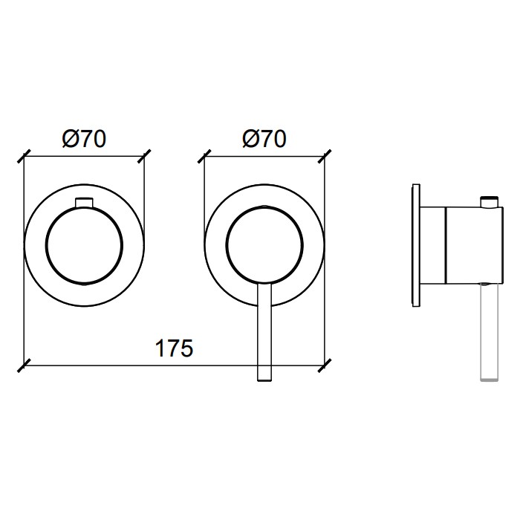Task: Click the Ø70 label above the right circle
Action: pos(264,139)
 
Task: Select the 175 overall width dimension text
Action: pos(174,348)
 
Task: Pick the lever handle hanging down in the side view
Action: pos(488,331)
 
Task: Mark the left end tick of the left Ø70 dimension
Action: pos(25,157)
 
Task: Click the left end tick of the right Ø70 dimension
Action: pos(204,157)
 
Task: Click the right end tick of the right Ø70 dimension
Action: pos(325,157)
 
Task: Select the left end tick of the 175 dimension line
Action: pos(25,365)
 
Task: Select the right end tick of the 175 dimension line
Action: pos(325,365)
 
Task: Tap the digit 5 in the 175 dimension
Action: pos(186,348)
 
